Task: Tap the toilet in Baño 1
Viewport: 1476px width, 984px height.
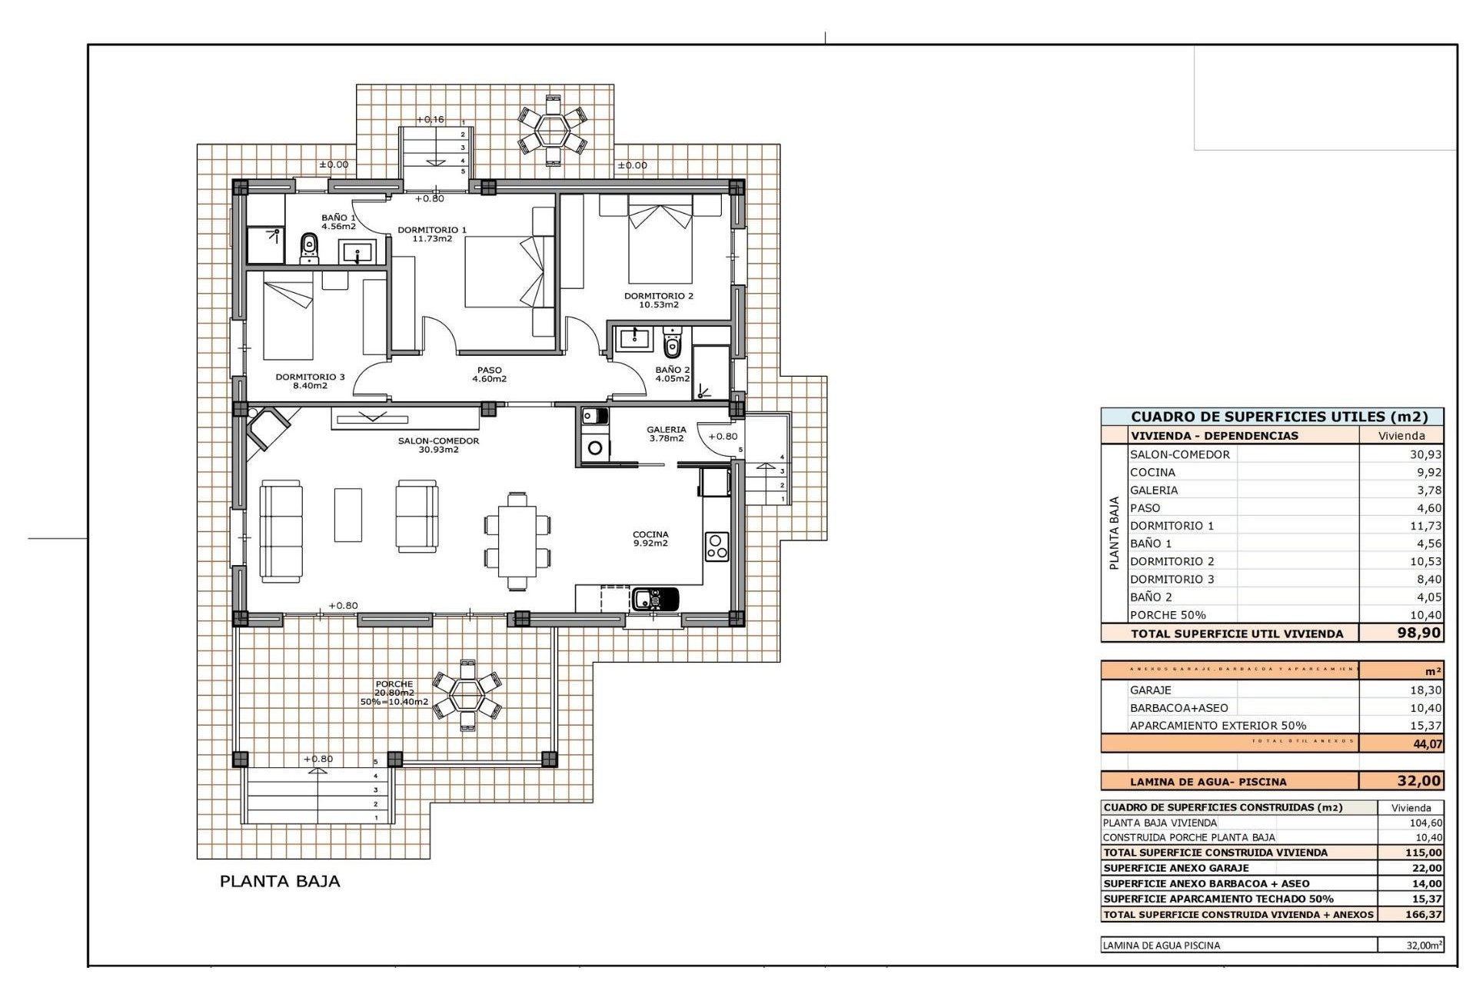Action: click(309, 247)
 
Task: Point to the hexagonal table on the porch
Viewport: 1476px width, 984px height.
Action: click(467, 695)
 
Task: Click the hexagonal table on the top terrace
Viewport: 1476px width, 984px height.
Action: click(552, 130)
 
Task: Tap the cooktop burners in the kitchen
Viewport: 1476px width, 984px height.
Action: click(716, 547)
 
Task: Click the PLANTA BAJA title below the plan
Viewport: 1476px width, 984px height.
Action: click(280, 881)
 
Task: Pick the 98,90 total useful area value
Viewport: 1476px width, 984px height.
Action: click(1418, 633)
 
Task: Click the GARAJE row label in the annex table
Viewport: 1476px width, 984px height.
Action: click(1150, 690)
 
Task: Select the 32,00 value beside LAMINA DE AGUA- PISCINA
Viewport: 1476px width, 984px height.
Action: click(1418, 781)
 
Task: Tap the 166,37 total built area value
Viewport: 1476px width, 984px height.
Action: click(1423, 915)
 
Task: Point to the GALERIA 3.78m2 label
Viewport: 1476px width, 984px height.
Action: click(666, 434)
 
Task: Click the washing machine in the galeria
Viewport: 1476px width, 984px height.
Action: click(594, 447)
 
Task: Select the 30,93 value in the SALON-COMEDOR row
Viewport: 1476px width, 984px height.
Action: click(1425, 454)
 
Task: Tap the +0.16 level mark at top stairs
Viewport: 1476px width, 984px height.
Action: click(430, 119)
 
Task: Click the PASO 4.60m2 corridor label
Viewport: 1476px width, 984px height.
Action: click(489, 374)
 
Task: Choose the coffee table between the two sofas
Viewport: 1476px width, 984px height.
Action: click(347, 514)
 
